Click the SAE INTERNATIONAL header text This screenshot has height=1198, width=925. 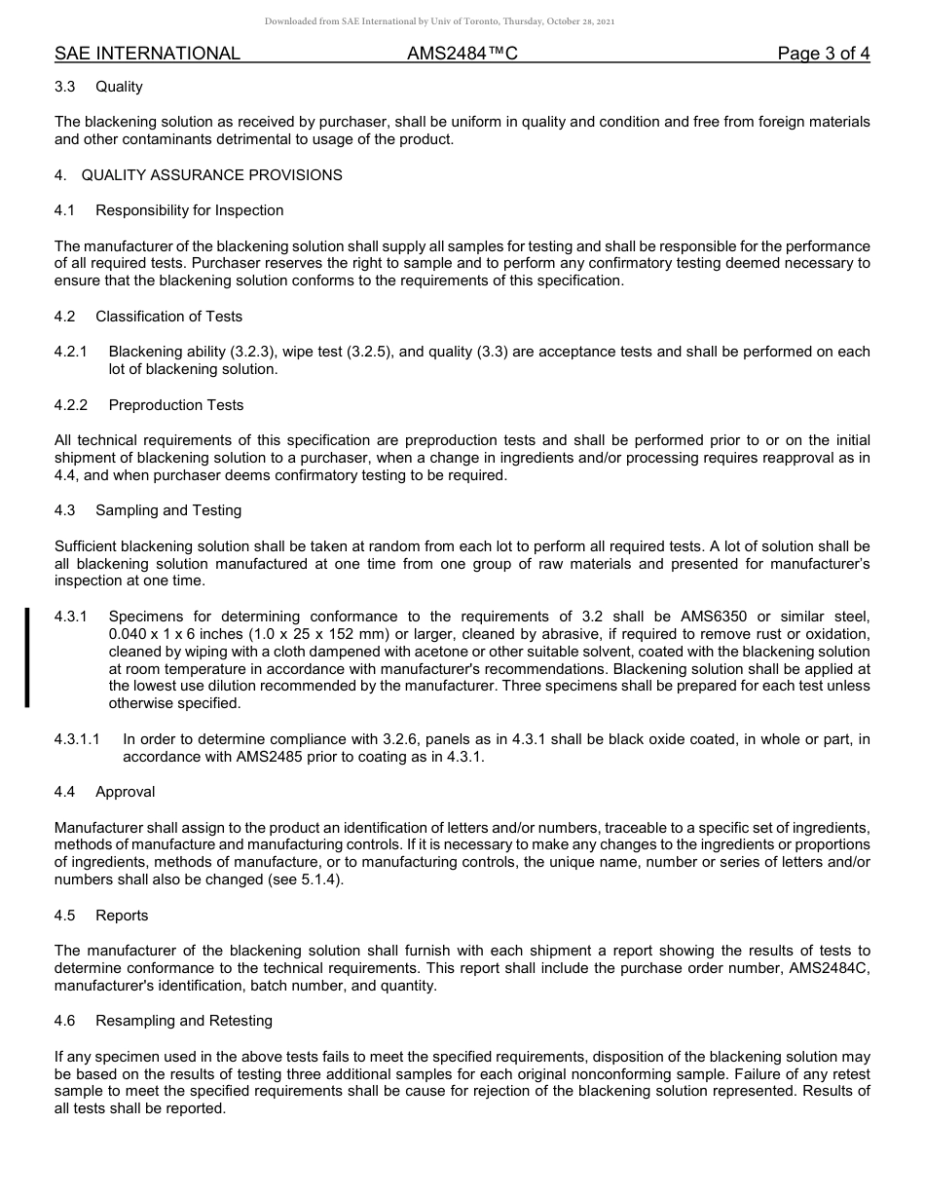pos(147,54)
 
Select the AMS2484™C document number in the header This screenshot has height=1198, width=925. pos(462,54)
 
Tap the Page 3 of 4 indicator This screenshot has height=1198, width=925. pos(823,54)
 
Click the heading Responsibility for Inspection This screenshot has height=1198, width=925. pos(189,210)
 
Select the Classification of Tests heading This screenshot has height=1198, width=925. pos(168,317)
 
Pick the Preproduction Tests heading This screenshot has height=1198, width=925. pos(176,405)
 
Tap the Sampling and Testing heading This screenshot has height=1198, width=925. pos(168,510)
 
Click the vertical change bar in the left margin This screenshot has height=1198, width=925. pos(27,656)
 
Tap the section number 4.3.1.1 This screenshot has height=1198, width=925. pos(77,739)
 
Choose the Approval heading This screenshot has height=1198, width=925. pos(125,792)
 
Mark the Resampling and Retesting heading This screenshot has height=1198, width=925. pos(184,1021)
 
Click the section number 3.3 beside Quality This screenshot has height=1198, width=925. pos(65,87)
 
